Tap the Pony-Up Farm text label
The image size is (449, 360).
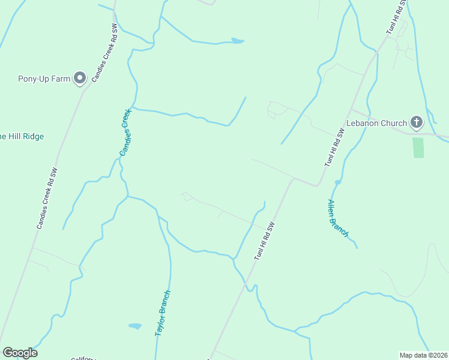pos(44,78)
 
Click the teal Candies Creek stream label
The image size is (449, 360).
pos(125,132)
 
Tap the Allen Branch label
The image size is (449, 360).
pos(337,217)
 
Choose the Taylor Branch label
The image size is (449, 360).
pos(163,313)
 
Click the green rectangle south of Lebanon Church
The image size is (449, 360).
pos(418,148)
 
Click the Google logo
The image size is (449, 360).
pos(20,353)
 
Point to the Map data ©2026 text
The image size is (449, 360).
pos(423,355)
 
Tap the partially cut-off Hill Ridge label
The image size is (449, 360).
pos(22,137)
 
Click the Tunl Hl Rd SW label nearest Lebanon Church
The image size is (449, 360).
pos(335,147)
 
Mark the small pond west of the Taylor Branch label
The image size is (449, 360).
pos(135,326)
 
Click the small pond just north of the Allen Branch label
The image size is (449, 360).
pos(338,181)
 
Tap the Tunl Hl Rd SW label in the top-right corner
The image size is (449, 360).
pos(396,16)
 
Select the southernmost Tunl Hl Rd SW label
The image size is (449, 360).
pos(264,241)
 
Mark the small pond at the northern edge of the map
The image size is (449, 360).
pos(238,41)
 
